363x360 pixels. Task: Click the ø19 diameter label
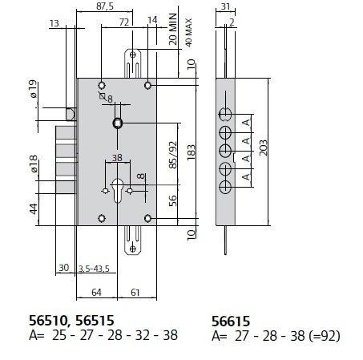[34, 91]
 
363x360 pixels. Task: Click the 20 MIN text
[174, 31]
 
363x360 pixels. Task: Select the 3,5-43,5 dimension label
[95, 268]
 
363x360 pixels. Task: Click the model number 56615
[232, 318]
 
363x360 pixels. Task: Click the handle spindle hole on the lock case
[118, 123]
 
